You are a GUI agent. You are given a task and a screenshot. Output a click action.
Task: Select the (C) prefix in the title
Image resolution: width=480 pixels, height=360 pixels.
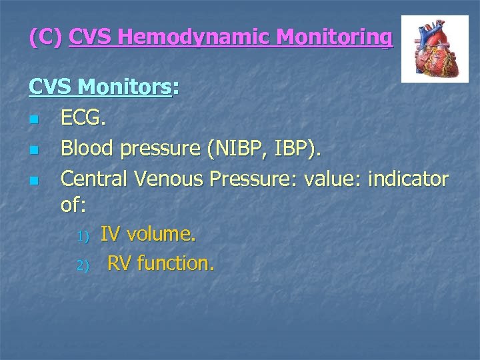46,37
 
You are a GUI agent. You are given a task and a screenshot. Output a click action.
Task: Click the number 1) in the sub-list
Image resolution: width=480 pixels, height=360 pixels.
82,236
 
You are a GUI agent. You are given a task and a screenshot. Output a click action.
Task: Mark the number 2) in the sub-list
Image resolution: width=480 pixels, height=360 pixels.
82,265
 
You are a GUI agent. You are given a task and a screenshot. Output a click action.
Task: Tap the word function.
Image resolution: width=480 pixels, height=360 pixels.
176,264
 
